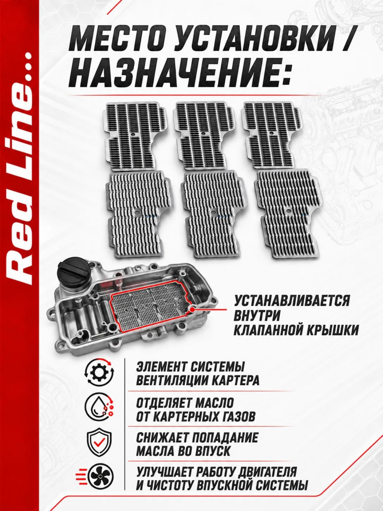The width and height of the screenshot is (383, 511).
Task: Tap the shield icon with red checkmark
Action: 99,442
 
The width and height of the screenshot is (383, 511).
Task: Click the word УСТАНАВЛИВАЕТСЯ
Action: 292,300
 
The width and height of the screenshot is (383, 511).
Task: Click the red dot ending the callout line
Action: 193,308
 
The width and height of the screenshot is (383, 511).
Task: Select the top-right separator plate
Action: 271,135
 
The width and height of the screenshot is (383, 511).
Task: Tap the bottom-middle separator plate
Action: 211,214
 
